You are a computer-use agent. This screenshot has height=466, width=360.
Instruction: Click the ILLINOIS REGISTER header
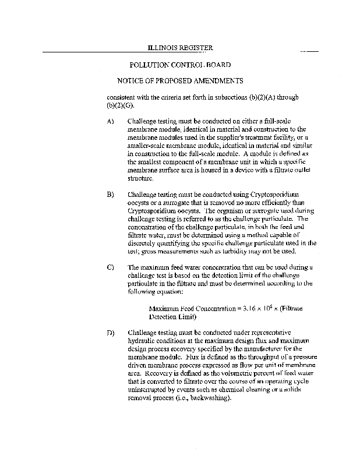click(x=180, y=48)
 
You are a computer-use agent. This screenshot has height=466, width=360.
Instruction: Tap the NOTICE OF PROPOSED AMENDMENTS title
click(x=180, y=81)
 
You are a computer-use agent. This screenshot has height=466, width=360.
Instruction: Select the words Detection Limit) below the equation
click(x=173, y=317)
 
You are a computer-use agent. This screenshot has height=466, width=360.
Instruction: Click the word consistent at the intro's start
click(x=121, y=97)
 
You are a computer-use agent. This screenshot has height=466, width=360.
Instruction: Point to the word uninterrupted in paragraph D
click(x=149, y=390)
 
